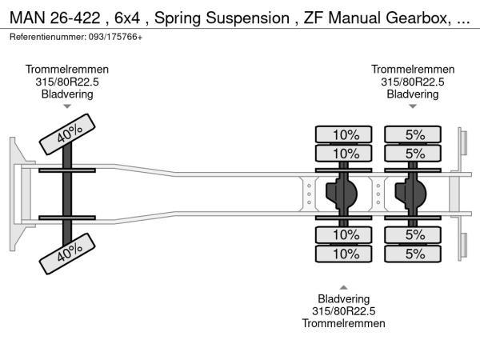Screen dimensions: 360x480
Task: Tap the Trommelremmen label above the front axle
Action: point(67,70)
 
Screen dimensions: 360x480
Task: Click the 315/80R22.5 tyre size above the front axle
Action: point(67,82)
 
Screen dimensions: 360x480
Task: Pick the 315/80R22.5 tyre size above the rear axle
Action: point(412,82)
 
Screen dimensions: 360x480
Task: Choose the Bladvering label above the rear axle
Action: point(412,94)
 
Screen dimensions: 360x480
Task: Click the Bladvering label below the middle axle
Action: point(343,299)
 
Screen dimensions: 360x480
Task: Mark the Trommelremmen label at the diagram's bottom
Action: point(343,323)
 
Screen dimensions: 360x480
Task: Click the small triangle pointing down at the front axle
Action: point(67,106)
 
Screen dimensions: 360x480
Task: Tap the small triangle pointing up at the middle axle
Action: point(343,286)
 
